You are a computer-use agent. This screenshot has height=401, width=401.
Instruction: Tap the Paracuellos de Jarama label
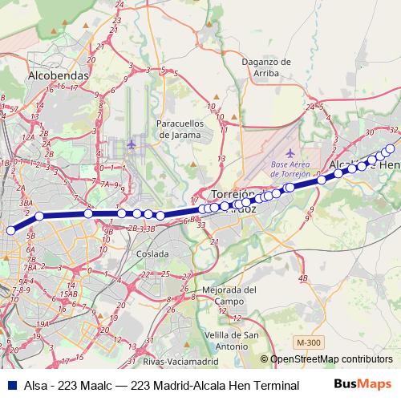(185, 129)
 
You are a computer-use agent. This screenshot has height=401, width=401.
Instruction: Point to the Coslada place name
(152, 253)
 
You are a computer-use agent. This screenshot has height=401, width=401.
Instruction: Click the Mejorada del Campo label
(229, 295)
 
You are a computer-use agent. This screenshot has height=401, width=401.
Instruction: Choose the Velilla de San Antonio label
(226, 340)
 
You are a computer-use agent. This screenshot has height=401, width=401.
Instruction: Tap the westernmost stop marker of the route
(11, 230)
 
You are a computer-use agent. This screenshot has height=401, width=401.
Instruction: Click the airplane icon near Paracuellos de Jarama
(132, 144)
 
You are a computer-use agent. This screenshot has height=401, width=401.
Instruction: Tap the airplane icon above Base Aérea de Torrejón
(290, 152)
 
